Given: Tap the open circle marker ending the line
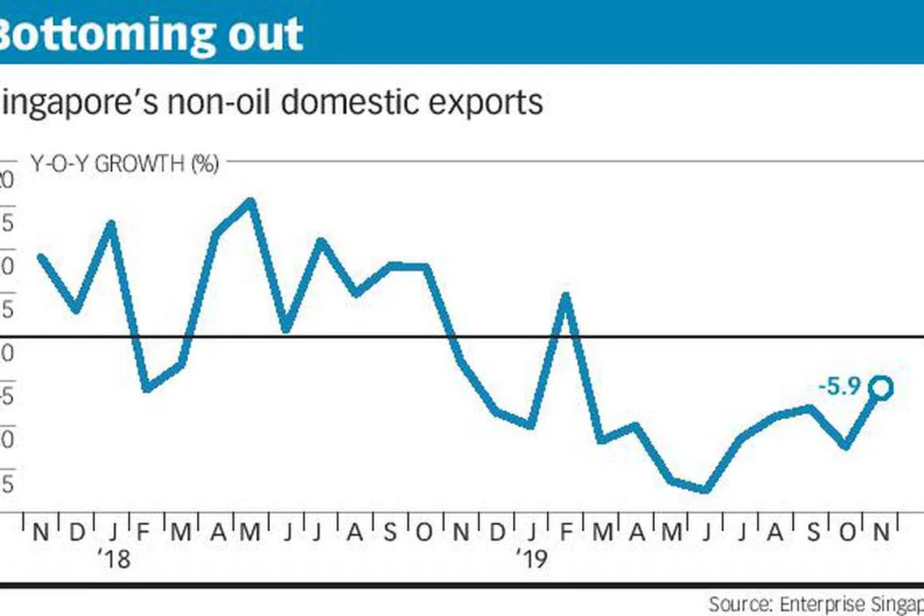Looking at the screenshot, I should tap(881, 388).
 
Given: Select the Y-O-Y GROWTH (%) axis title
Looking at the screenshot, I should tap(125, 164).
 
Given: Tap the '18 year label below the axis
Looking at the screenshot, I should tap(114, 559).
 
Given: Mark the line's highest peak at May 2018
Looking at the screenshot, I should tap(250, 200).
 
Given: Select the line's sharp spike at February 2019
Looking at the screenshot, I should tap(566, 296).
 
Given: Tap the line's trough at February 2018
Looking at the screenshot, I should tap(146, 389).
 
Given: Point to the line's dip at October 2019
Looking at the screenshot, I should tap(846, 446).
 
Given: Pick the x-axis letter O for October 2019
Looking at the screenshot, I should tap(846, 533).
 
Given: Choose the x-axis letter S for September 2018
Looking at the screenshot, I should tap(390, 533).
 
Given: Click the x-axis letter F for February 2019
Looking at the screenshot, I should tap(566, 533).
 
